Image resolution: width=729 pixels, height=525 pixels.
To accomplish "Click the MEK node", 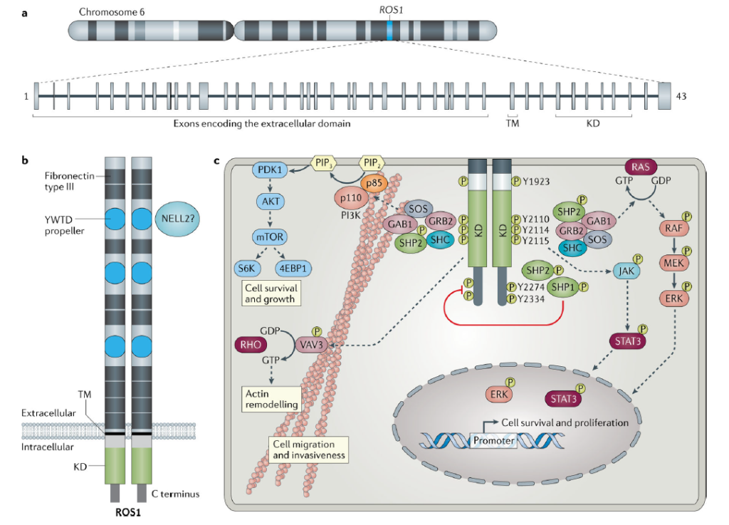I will (672, 262).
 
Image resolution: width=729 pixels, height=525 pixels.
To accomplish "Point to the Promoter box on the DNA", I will (493, 441).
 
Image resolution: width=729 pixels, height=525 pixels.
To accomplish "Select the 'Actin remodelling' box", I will (269, 397).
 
